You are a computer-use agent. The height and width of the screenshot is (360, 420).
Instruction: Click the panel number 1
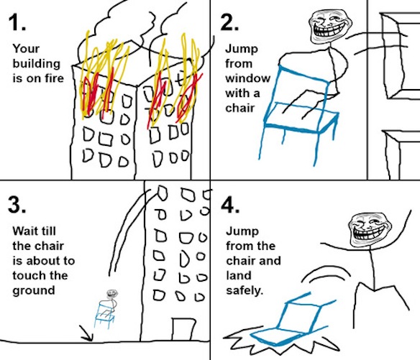[x=17, y=22]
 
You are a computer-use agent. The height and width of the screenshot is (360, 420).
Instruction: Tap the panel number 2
[x=229, y=22]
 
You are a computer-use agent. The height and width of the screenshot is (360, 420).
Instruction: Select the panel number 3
[x=17, y=205]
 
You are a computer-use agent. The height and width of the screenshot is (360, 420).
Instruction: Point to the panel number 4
[x=230, y=206]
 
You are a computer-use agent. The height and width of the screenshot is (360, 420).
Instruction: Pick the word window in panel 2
[x=248, y=78]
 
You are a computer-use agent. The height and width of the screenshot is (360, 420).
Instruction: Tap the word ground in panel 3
[x=34, y=291]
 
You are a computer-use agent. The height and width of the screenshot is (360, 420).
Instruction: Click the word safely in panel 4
[x=245, y=291]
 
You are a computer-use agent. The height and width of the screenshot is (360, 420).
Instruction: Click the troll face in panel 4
[x=370, y=230]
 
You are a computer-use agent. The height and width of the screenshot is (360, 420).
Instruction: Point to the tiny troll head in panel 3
[x=111, y=294]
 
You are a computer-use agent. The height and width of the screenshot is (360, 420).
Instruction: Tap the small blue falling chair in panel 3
[x=104, y=315]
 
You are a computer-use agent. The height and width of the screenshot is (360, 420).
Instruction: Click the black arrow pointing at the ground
[x=87, y=333]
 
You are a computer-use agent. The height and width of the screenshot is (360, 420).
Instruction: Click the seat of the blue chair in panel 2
[x=301, y=119]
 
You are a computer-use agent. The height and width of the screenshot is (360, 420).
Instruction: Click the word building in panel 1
[x=37, y=64]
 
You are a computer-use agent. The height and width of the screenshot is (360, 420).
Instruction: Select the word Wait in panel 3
[x=24, y=231]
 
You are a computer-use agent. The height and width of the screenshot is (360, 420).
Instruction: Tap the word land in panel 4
[x=238, y=275]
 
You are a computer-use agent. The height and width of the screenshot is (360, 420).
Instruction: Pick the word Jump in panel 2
[x=242, y=50]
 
